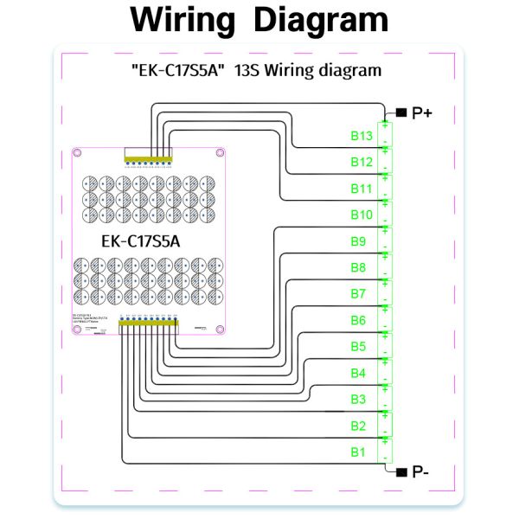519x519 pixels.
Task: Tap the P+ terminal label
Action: (x=422, y=112)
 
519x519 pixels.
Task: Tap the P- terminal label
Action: (x=421, y=471)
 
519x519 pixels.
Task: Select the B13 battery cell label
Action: (x=362, y=136)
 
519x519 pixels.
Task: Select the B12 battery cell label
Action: (x=362, y=162)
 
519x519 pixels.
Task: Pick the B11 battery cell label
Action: (x=362, y=189)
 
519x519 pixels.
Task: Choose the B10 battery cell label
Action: (x=362, y=215)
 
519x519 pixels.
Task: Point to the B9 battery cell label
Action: (x=358, y=241)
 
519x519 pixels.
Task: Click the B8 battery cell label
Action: (x=358, y=267)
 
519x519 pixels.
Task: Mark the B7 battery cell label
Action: (x=358, y=294)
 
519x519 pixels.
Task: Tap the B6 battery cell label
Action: (x=358, y=320)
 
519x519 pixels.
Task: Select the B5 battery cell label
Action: (x=358, y=347)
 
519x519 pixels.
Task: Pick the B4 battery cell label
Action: (x=358, y=373)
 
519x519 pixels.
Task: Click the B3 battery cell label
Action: (x=358, y=400)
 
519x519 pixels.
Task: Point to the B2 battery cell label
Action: (x=358, y=426)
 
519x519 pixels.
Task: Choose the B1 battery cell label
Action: (x=358, y=452)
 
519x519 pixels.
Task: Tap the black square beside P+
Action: (x=400, y=112)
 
